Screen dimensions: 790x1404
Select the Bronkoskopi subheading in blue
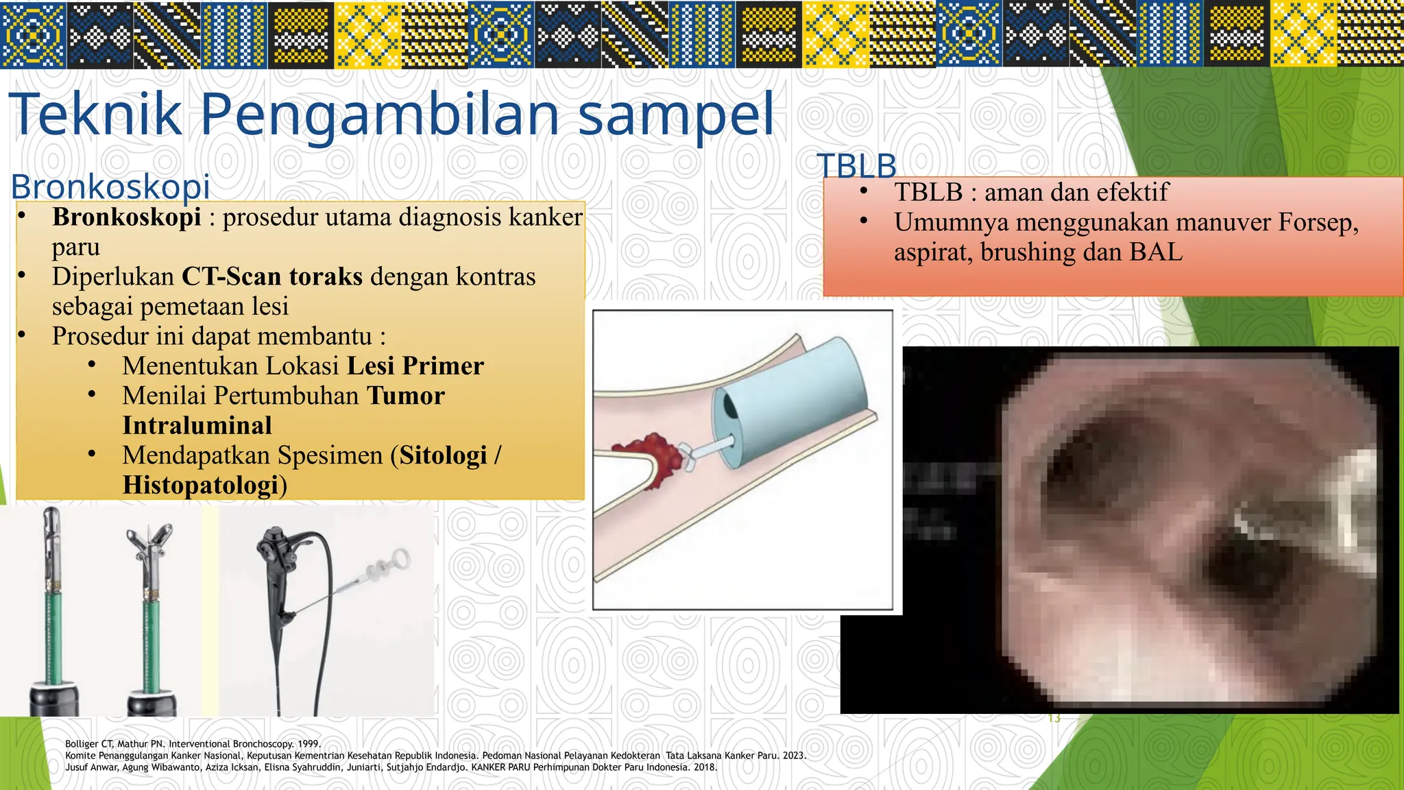110,187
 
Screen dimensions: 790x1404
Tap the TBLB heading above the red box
856,166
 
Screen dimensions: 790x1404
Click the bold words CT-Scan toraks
271,276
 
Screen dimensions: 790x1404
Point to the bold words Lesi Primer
415,366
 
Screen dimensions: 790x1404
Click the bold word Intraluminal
197,426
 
